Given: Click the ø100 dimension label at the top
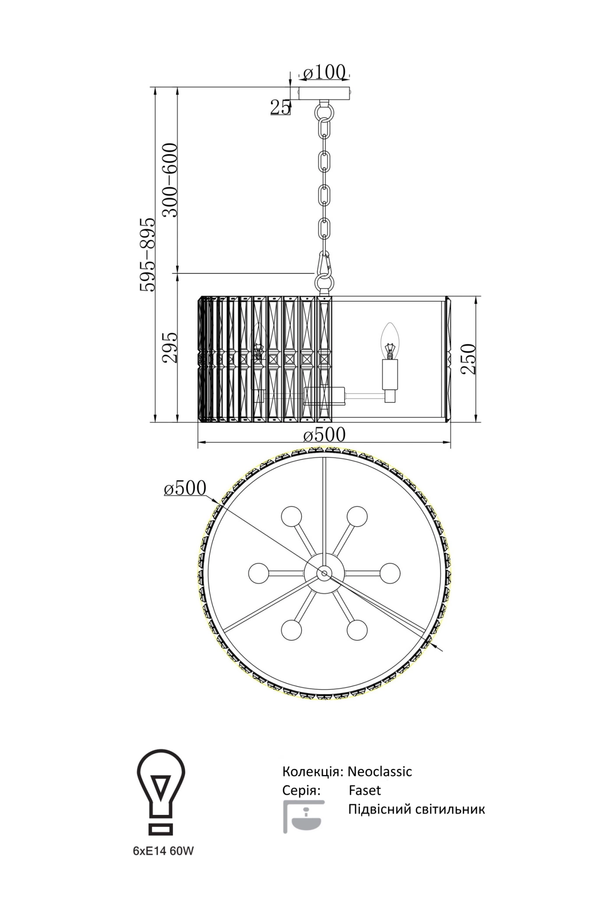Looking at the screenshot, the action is (324, 72).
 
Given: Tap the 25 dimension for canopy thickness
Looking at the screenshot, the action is (280, 107).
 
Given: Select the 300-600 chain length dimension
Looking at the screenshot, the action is (170, 180).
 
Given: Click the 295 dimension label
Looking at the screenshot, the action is (170, 347).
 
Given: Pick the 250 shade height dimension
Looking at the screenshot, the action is (468, 358).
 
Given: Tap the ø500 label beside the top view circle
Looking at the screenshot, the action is (185, 488).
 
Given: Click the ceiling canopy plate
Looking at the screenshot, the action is (324, 93).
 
